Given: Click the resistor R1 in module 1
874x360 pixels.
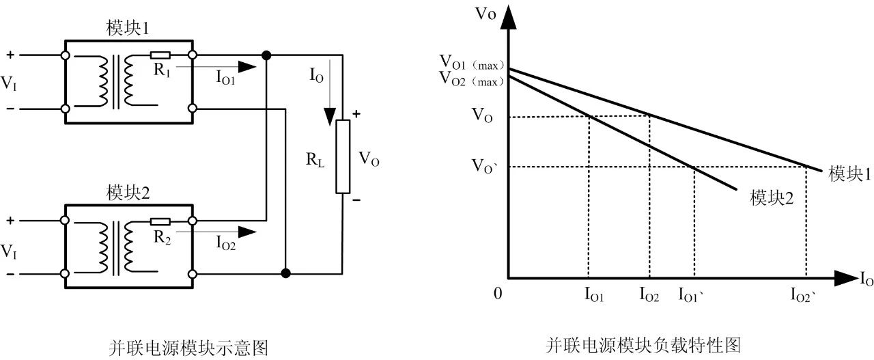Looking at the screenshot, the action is coord(160,55).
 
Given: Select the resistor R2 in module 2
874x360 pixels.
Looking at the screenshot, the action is coord(160,222).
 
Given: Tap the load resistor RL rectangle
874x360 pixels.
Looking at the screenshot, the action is coord(343,156).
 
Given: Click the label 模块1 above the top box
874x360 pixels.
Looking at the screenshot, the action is coord(128,28).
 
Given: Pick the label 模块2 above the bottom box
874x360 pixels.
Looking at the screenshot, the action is coord(128,193).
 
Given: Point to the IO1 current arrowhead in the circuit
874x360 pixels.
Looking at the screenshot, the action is coord(247,67).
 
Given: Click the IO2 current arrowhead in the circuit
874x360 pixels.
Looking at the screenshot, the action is coord(247,232).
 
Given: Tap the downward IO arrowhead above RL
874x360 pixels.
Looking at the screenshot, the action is coord(330,117).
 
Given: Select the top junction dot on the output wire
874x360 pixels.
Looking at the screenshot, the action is coord(266,55).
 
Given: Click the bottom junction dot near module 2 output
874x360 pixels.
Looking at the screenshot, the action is coord(285,273).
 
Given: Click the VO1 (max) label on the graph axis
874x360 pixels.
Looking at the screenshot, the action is coord(472,62).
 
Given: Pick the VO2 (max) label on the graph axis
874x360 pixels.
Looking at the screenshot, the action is coord(472,79).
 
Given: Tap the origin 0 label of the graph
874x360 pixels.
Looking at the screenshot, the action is coord(498,294).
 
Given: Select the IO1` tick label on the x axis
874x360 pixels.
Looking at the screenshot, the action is coord(691,295).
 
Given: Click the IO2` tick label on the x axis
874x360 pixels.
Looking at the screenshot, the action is coord(803,295).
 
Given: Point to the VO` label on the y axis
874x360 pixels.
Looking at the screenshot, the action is coord(485,166).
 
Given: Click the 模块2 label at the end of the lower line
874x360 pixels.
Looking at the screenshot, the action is coord(772,198).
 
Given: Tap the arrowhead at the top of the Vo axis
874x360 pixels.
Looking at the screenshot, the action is coord(508,18).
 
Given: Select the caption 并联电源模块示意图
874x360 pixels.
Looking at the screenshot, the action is coord(189,348).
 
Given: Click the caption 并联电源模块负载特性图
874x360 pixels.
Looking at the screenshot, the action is coord(643,346).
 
